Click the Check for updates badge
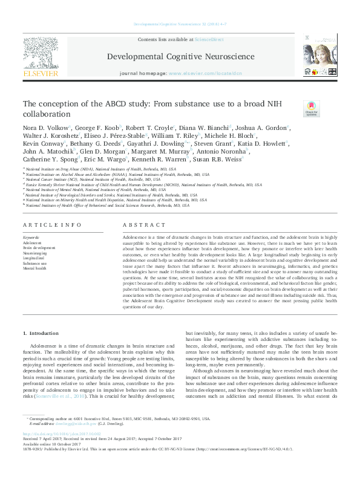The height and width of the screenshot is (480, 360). [x=311, y=109]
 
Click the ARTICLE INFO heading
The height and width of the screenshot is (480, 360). [x=52, y=224]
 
